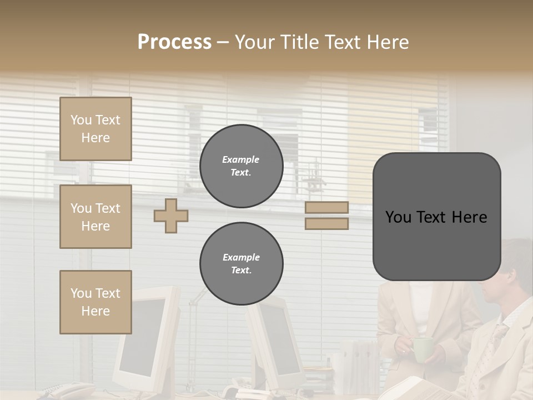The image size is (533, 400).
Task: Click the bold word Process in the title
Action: coord(174,42)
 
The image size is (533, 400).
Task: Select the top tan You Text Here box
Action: coord(95,129)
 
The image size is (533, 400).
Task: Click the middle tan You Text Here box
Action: coord(95,217)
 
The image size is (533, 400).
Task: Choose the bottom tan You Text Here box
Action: coord(95,302)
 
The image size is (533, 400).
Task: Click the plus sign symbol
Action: coord(171,216)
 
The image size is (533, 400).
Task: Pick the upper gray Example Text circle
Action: coord(241,166)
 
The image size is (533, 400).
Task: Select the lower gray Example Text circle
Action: coord(241,264)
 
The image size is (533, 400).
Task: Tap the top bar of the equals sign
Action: coord(326,207)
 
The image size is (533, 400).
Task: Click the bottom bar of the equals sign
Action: coord(326,223)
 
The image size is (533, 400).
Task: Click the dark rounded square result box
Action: coord(436,217)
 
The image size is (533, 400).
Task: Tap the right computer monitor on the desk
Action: coord(276,344)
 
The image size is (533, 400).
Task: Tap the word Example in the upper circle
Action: coord(241,159)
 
